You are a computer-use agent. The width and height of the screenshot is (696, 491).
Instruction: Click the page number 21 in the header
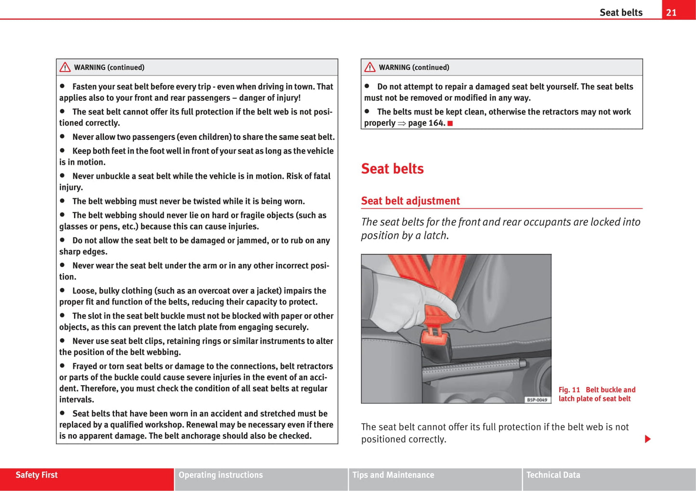[671, 13]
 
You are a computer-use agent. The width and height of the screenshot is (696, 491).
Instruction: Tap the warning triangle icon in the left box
[65, 67]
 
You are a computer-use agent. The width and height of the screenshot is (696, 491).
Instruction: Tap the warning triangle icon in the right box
[370, 67]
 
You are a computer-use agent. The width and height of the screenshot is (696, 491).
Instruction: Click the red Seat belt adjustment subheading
[410, 201]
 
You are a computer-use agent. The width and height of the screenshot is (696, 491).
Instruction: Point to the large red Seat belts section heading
[392, 169]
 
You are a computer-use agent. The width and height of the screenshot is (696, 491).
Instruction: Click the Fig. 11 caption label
[569, 390]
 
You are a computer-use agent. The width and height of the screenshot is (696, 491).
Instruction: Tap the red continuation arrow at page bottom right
[648, 439]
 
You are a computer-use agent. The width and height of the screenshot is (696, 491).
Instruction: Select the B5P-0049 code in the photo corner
[537, 400]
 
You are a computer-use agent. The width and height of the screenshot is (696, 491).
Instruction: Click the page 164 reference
[427, 123]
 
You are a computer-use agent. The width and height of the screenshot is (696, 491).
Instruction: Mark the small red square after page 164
[450, 123]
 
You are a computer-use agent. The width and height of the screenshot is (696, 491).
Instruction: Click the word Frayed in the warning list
[84, 366]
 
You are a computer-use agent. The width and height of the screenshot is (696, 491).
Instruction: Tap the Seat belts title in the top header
[621, 13]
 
